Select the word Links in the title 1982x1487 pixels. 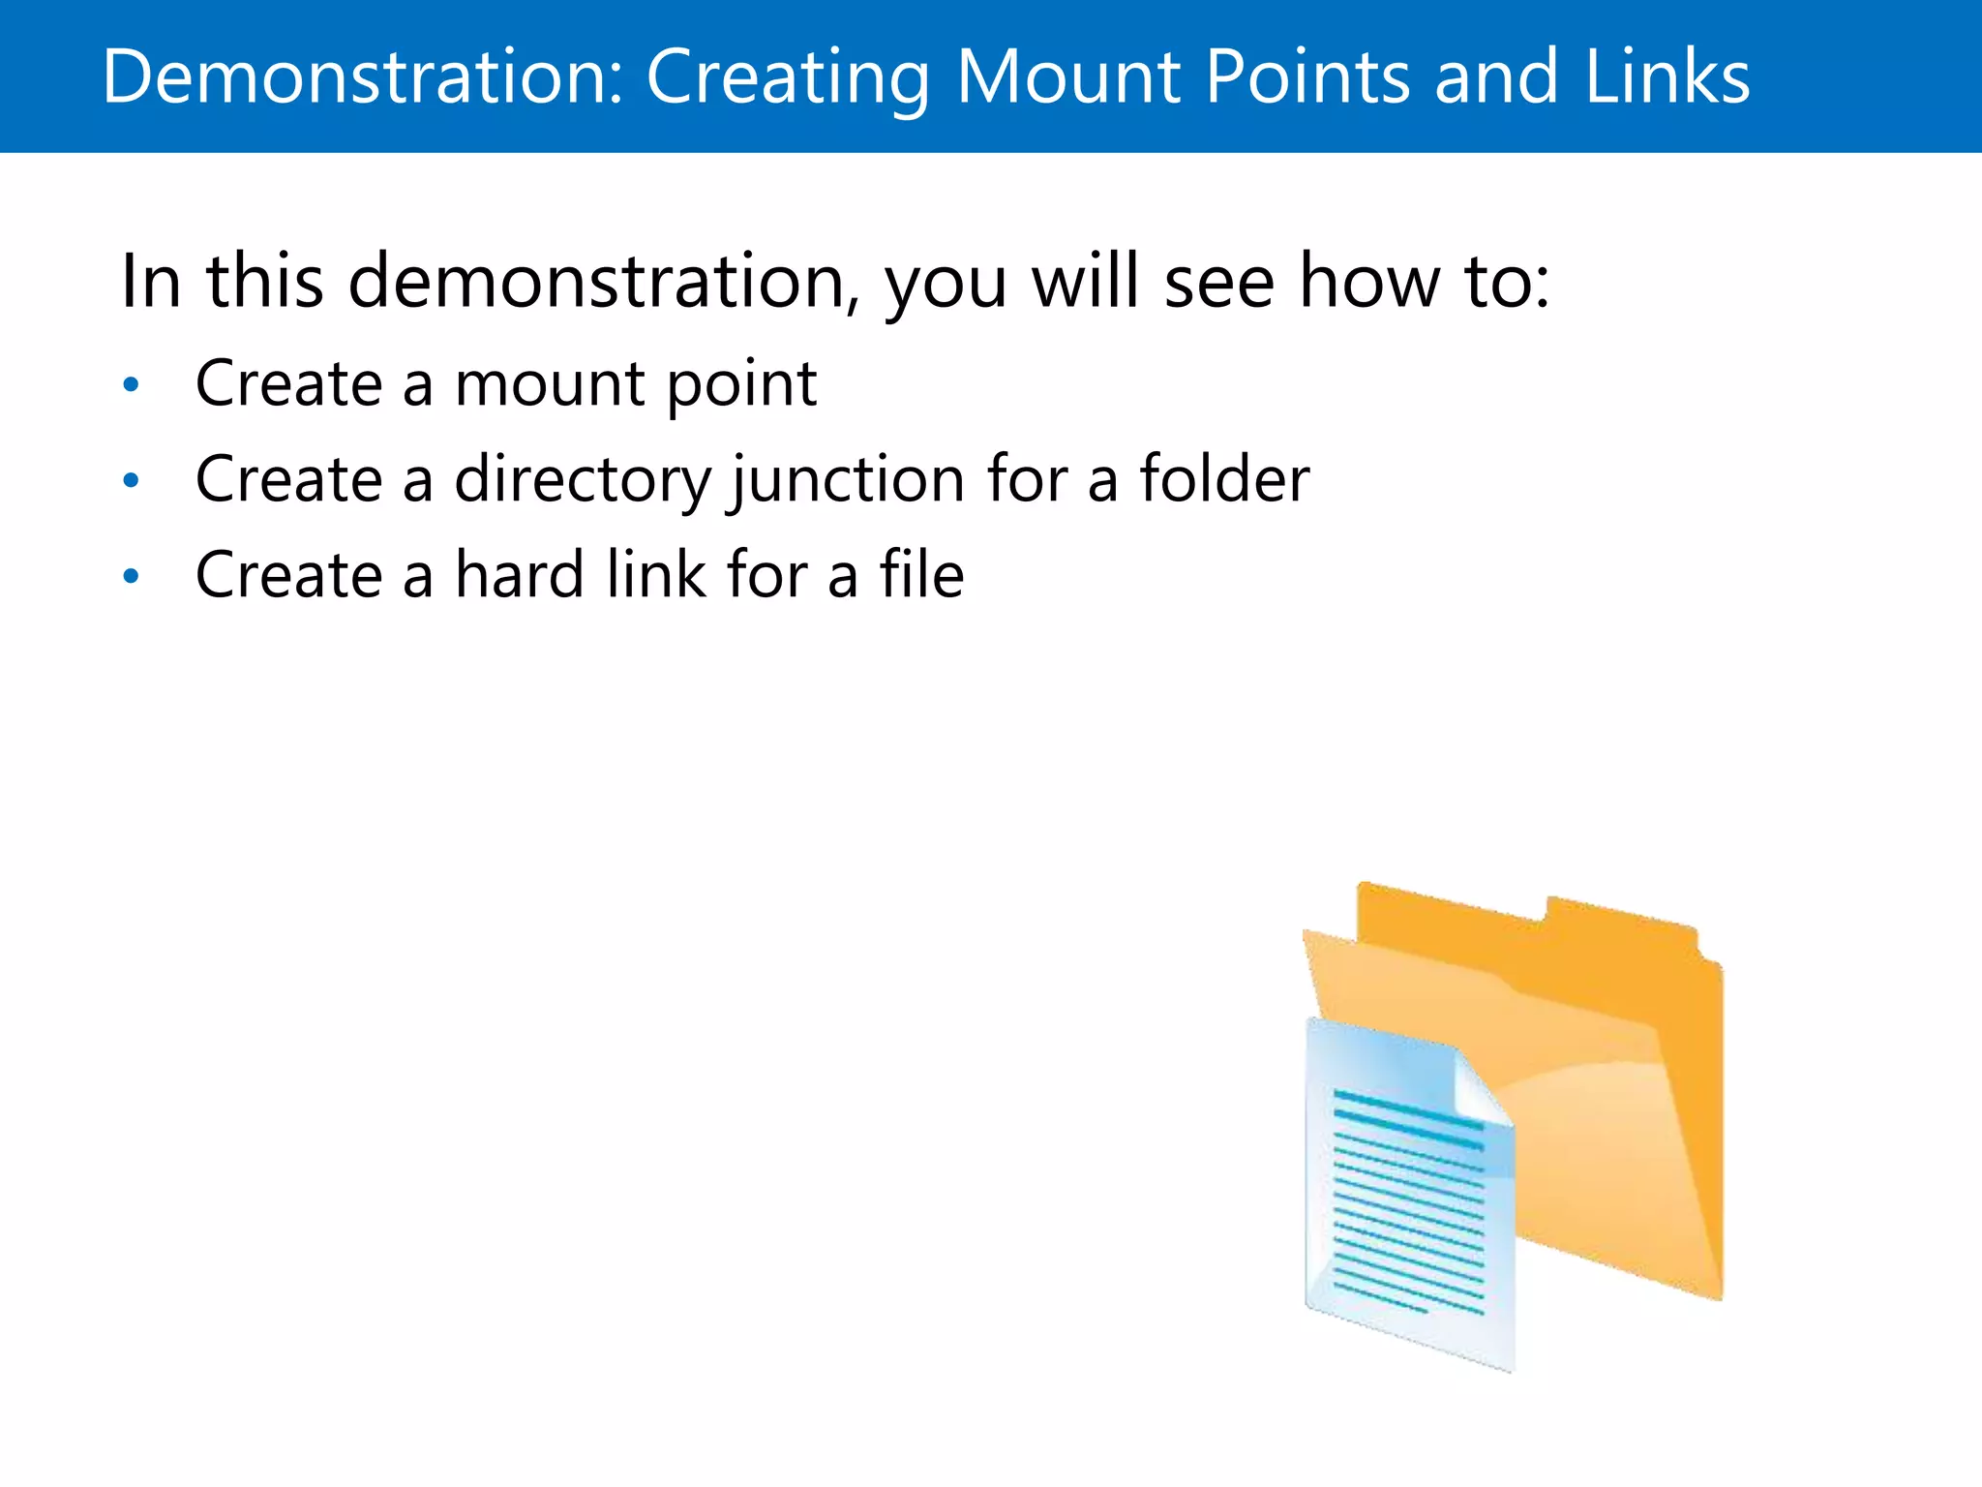click(x=1667, y=76)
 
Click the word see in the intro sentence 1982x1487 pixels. click(x=1218, y=282)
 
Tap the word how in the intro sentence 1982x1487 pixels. click(x=1369, y=282)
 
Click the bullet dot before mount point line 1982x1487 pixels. click(x=132, y=386)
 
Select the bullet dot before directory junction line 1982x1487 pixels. click(x=132, y=481)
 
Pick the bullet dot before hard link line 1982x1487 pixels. click(x=132, y=577)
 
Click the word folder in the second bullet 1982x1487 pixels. click(x=1224, y=479)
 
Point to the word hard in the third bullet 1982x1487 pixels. click(x=520, y=575)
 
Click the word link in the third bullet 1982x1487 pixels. click(x=657, y=575)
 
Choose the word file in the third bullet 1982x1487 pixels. click(x=921, y=575)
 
